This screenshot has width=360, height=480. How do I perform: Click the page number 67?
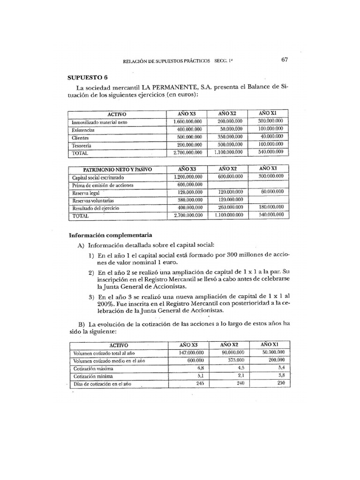(285, 60)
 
